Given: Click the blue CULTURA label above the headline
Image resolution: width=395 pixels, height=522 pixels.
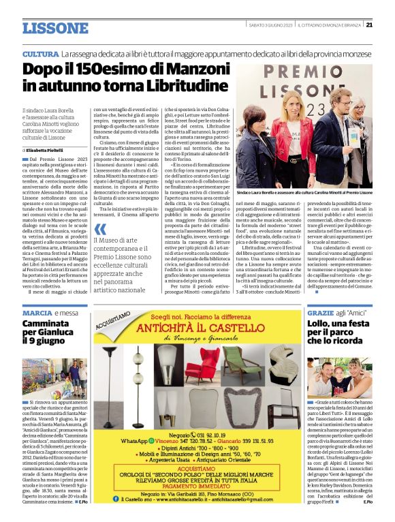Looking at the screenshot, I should [x=39, y=53].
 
